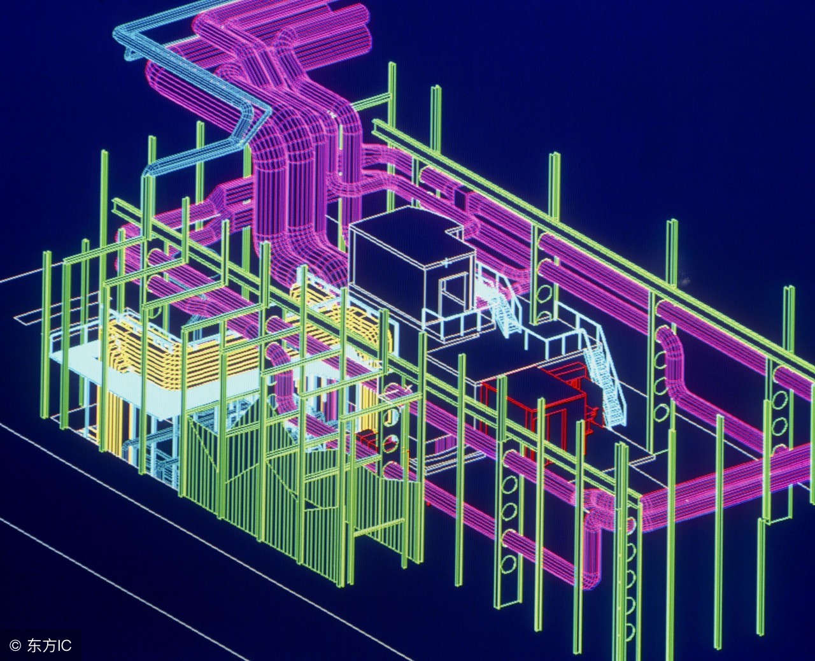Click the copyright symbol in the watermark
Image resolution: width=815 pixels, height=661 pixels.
pos(15,646)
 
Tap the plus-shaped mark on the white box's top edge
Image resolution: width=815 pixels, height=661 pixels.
pos(446,264)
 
